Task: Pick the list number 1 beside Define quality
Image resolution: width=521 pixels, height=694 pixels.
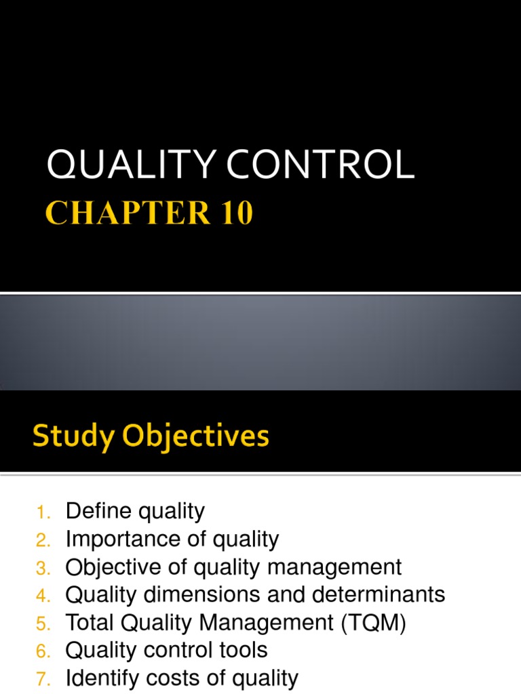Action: coord(41,512)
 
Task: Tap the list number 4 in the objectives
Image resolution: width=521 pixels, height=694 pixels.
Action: coord(41,596)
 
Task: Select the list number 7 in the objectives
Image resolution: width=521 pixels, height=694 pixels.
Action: coord(41,679)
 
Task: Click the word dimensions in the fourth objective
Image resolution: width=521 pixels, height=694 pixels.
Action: coord(204,594)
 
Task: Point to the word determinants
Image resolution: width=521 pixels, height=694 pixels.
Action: coord(382,594)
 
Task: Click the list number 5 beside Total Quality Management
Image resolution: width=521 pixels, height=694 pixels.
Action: coord(41,624)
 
